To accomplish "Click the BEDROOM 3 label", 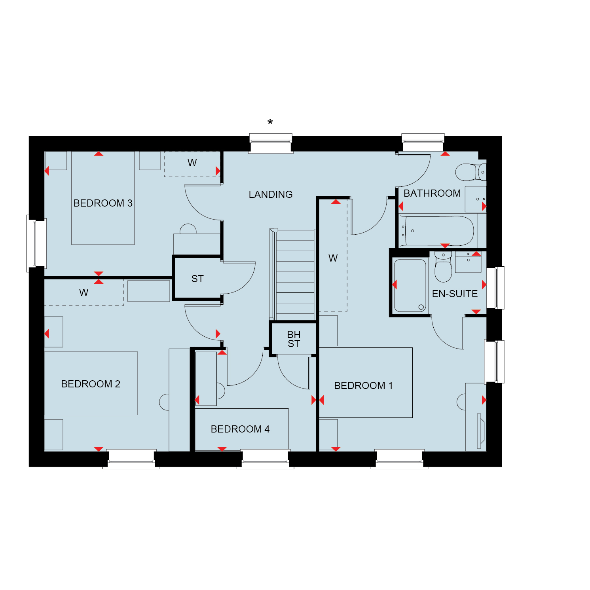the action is click(x=103, y=203).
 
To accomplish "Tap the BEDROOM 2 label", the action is click(x=91, y=384).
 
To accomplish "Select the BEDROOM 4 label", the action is click(x=240, y=429).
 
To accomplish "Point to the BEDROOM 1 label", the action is click(x=363, y=385).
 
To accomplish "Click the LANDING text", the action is click(x=271, y=194).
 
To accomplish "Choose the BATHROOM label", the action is click(x=432, y=193).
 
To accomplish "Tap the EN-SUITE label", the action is click(x=455, y=294).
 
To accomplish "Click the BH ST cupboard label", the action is click(x=294, y=339).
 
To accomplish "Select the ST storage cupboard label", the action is click(x=197, y=279).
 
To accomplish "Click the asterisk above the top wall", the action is click(x=270, y=122).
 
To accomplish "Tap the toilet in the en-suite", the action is click(x=443, y=266).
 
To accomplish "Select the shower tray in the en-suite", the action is click(x=410, y=285).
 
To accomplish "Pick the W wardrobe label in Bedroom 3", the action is click(x=192, y=163).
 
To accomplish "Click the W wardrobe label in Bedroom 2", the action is click(x=83, y=292).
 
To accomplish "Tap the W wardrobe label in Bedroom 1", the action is click(x=333, y=258).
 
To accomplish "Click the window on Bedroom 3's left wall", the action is click(x=36, y=243).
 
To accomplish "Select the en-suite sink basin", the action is click(x=468, y=262).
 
